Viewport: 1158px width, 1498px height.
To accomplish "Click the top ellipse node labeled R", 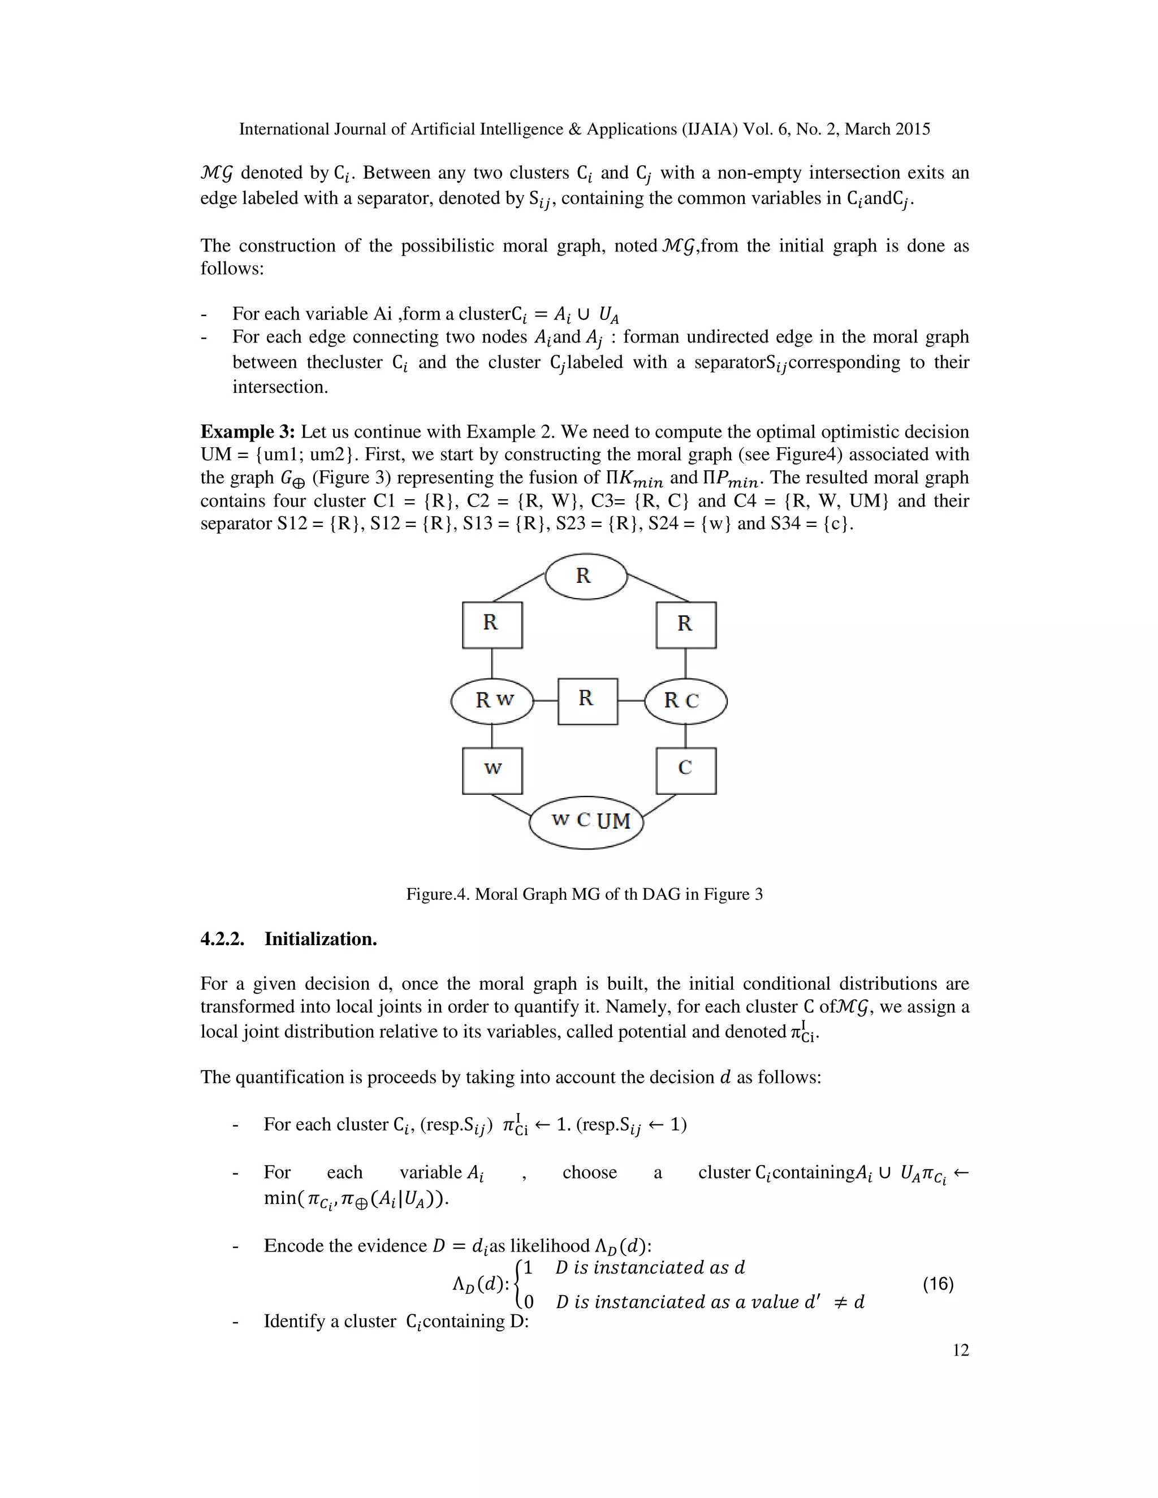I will pyautogui.click(x=586, y=576).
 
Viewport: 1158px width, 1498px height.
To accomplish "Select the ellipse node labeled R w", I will pyautogui.click(x=492, y=700).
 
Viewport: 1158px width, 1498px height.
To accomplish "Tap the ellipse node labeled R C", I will pyautogui.click(x=685, y=700).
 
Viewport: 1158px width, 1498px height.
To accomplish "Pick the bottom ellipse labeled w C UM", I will pyautogui.click(x=586, y=821).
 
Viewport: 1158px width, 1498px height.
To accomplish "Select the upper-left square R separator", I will pyautogui.click(x=492, y=625).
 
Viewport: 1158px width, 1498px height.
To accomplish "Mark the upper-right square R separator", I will pyautogui.click(x=686, y=625).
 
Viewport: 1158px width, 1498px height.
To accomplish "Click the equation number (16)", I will pyautogui.click(x=938, y=1284).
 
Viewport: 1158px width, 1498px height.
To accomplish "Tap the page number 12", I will pyautogui.click(x=961, y=1350).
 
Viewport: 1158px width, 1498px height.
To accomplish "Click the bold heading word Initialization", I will pyautogui.click(x=321, y=939).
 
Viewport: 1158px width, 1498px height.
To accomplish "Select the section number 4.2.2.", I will pyautogui.click(x=222, y=939).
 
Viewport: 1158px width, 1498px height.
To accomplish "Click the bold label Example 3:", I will pyautogui.click(x=248, y=432).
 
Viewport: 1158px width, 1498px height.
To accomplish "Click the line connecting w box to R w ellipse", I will pyautogui.click(x=492, y=736).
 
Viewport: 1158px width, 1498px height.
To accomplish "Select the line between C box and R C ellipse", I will pyautogui.click(x=686, y=736).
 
